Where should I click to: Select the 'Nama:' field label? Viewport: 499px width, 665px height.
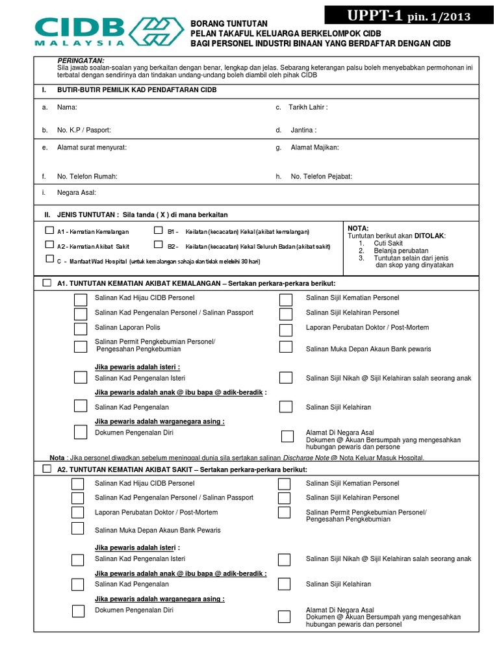coord(68,107)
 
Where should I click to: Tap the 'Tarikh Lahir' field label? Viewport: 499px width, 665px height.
coord(309,107)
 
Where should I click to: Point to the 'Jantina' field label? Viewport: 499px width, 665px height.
coord(303,131)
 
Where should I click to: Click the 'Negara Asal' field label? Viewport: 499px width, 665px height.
coord(77,193)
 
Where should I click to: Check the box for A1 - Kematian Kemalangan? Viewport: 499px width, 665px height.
coord(49,231)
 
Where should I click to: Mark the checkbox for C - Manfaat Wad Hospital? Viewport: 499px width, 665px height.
coord(49,258)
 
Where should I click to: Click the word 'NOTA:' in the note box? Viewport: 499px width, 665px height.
coord(359,228)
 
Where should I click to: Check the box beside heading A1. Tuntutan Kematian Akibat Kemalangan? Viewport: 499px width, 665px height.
coord(47,283)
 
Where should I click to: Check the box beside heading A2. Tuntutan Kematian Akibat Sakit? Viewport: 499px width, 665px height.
coord(47,469)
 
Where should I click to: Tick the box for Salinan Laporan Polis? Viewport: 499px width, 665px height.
coord(80,328)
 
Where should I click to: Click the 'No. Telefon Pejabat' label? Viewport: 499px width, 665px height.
coord(321,177)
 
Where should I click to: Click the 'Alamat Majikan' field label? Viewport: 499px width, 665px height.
coord(314,147)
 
